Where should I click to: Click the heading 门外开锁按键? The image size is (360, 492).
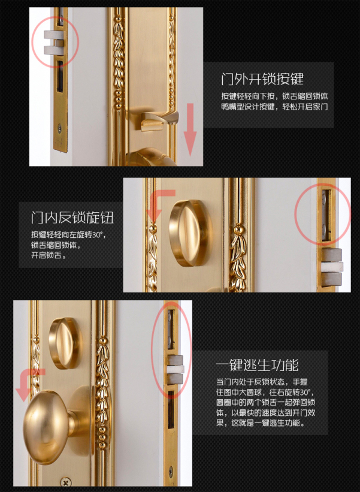pyautogui.click(x=262, y=79)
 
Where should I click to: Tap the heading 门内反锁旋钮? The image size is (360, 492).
pyautogui.click(x=72, y=218)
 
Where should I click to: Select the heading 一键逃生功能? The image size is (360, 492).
pyautogui.click(x=257, y=365)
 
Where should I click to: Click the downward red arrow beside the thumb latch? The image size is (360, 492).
pyautogui.click(x=190, y=129)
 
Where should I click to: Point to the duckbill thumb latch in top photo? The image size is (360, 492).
pyautogui.click(x=159, y=121)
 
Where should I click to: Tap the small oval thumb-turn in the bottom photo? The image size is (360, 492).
pyautogui.click(x=65, y=343)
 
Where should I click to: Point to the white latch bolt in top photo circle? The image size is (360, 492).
pyautogui.click(x=53, y=43)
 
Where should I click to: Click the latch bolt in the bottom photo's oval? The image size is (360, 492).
pyautogui.click(x=175, y=370)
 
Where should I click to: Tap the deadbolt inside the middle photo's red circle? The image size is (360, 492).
pyautogui.click(x=326, y=215)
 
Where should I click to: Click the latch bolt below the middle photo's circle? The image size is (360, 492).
pyautogui.click(x=332, y=267)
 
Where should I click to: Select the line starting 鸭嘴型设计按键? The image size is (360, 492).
pyautogui.click(x=274, y=107)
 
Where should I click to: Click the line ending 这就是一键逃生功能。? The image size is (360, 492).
pyautogui.click(x=261, y=422)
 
